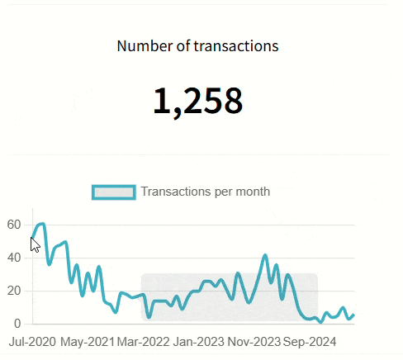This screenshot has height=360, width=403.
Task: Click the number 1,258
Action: coord(197,101)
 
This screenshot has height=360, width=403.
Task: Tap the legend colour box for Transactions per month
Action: coord(113,192)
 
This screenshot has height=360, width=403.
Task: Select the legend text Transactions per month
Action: coord(205,192)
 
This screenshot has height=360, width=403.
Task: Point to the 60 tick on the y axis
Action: coord(13,225)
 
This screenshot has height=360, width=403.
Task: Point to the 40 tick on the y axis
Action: coord(13,258)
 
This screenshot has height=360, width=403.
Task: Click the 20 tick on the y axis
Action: coord(13,291)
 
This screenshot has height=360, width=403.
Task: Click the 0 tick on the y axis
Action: coord(17,323)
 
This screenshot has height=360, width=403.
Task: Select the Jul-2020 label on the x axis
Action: coord(33,341)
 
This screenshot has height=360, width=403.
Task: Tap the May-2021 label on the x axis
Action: coord(88,341)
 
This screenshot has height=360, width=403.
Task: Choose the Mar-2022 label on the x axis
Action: coord(143,341)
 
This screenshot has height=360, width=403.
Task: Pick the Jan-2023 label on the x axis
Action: coord(198,341)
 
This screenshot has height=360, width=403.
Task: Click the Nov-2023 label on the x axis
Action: coord(254,341)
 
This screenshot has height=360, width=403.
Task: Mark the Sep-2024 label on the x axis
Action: coord(309,341)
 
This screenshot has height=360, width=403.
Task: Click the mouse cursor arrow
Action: coord(35,244)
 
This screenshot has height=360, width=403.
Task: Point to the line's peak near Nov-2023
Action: coord(265,256)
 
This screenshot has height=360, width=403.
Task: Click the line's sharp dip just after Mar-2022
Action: coord(149,317)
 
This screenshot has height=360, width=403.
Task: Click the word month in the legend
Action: coord(254,192)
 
